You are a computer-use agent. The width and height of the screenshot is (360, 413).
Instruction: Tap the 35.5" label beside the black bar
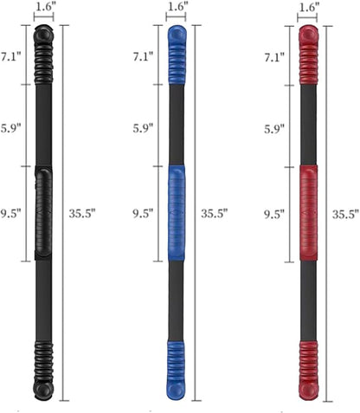pos(82,213)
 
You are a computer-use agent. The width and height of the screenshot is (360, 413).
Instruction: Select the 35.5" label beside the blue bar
pos(214,213)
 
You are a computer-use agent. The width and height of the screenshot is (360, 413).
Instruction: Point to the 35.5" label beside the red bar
pos(345,213)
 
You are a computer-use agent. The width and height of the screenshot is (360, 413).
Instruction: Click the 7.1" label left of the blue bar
pos(144,58)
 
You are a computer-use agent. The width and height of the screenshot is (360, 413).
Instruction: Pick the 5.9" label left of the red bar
pos(275,127)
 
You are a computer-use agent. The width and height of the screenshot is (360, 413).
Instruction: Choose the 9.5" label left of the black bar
pos(12,213)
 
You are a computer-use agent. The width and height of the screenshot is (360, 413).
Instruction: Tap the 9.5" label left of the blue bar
pos(144,213)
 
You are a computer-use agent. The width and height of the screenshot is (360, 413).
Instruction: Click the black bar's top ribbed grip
pos(44,57)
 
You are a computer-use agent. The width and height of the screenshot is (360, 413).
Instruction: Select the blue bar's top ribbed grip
pos(177,57)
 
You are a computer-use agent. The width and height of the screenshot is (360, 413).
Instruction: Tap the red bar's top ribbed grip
pos(309,57)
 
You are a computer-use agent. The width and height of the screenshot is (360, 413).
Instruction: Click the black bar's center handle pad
pos(44,213)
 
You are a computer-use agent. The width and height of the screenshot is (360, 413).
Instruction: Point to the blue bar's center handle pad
pos(177,213)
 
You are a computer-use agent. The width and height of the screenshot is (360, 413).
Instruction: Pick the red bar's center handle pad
pos(309,213)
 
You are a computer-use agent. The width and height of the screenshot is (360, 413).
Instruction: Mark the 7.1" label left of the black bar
pos(12,58)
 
